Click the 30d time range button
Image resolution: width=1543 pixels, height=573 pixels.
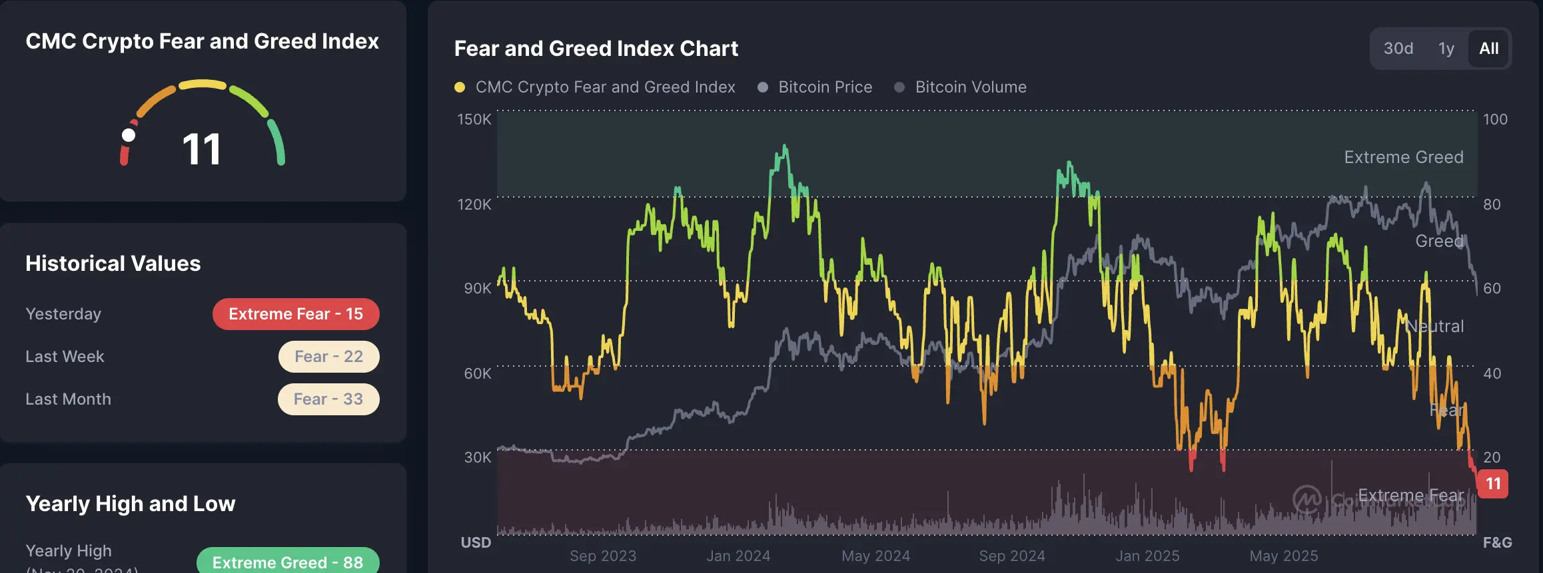[x=1398, y=49]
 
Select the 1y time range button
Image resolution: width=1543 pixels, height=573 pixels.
[x=1446, y=49]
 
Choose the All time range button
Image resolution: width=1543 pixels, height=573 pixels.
[x=1488, y=49]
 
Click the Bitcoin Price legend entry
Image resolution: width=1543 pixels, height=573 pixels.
[x=825, y=87]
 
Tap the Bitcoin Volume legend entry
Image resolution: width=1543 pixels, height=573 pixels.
[x=970, y=87]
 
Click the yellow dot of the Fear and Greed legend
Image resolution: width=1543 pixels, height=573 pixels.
[x=460, y=87]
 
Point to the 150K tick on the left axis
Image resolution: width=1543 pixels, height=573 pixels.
[x=474, y=120]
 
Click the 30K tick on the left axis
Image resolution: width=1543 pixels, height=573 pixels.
[x=477, y=458]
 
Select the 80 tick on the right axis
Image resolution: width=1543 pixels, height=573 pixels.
[x=1492, y=204]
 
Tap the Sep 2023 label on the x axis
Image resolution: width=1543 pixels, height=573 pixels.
[x=602, y=556]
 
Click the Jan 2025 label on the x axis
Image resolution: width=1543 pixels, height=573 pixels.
[x=1147, y=556]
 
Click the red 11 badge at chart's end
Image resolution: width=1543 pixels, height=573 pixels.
[x=1493, y=484]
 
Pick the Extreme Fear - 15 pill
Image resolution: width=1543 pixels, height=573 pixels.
[x=296, y=314]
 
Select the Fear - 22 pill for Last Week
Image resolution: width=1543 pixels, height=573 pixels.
[x=328, y=357]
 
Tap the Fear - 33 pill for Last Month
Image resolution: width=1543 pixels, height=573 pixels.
[x=328, y=399]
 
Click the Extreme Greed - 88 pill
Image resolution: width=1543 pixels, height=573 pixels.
[x=288, y=562]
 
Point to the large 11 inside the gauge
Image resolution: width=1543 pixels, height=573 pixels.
[x=201, y=149]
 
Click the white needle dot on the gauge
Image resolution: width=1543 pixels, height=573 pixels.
[x=129, y=136]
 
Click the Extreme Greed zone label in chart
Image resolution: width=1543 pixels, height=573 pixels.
[x=1403, y=157]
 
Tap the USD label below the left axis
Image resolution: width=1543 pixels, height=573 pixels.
[x=476, y=542]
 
